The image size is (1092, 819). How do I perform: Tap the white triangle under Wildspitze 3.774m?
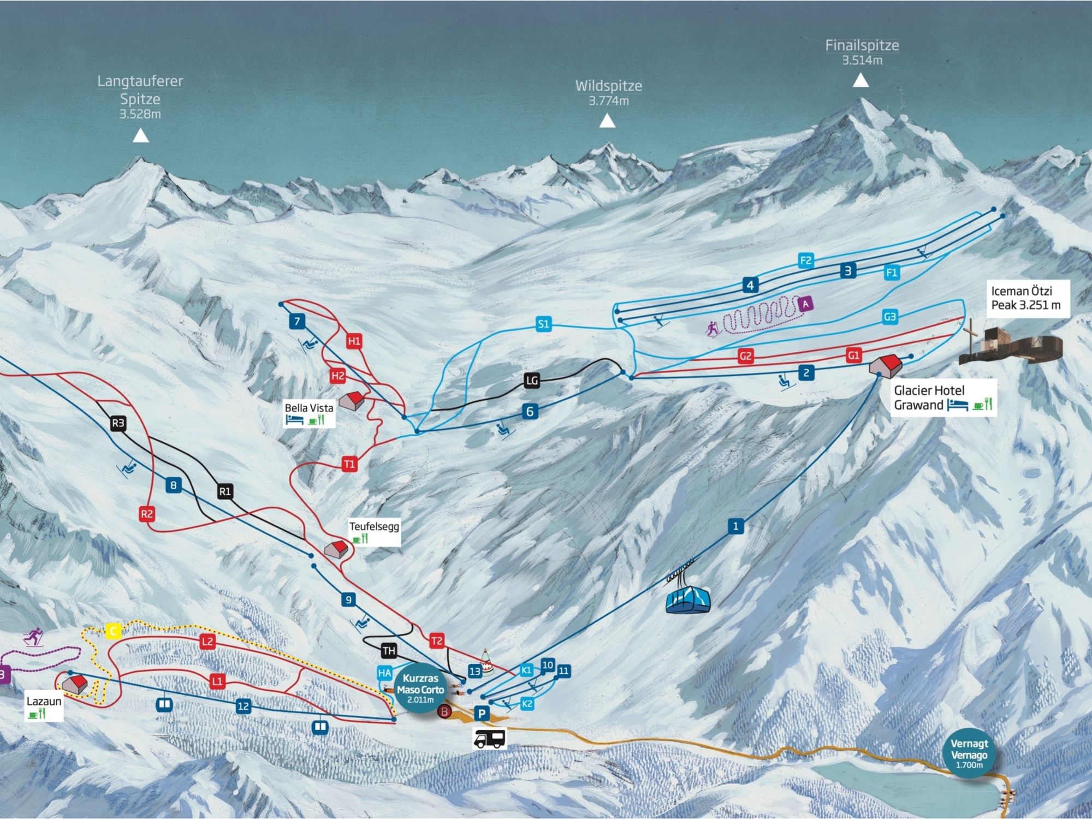click(607, 121)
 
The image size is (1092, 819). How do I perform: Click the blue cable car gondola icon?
click(688, 599)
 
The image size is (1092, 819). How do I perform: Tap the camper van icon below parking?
click(489, 739)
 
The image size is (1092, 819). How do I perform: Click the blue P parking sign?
click(482, 713)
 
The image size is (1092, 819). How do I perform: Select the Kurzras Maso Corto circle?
click(420, 689)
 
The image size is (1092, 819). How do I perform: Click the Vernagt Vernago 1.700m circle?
click(969, 754)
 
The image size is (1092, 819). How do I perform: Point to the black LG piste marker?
click(532, 381)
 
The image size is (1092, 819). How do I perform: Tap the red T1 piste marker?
click(349, 464)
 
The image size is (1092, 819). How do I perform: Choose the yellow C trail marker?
click(113, 631)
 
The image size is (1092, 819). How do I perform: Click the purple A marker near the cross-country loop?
click(806, 304)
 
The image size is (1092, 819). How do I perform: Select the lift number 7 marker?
click(297, 321)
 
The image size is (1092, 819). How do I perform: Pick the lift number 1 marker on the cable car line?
click(735, 526)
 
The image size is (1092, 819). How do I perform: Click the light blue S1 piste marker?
click(543, 324)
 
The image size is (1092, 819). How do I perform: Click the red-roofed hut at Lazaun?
click(75, 684)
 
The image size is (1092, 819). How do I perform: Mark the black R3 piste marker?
click(118, 423)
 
